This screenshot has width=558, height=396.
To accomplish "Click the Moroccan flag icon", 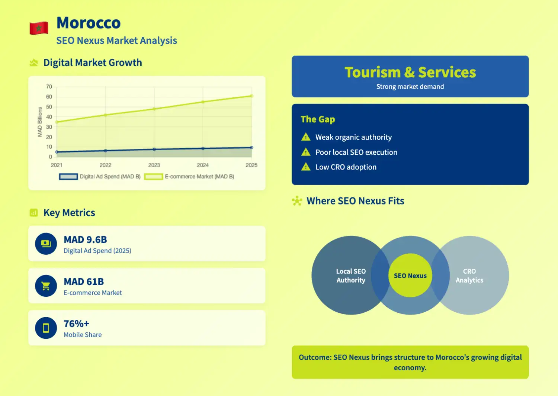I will pos(39,28).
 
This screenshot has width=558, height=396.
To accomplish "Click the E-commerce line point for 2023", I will pos(154,109).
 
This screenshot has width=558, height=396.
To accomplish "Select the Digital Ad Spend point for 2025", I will pos(252,148).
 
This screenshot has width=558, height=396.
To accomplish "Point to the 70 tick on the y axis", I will pos(49,87).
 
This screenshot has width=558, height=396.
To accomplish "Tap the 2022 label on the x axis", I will pos(105,165).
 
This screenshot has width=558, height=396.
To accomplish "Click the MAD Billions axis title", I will pos(40,122).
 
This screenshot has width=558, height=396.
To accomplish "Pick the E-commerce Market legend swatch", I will pos(153,177).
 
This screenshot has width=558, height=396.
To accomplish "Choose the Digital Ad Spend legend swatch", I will pos(68,177).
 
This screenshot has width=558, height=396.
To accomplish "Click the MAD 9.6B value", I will pos(85,240).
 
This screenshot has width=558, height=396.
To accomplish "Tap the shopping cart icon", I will pos(46,286).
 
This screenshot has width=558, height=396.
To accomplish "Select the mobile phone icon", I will pos(46,328).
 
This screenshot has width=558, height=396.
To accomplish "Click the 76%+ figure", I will pos(76,324).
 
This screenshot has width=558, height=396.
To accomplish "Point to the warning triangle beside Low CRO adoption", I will pos(306,167).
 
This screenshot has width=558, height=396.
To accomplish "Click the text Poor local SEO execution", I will pos(356,152).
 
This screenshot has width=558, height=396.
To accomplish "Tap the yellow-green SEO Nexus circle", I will pos(410,276).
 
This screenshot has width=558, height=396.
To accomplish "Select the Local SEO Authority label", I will pos(351,276).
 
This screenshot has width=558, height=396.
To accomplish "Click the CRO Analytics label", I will pos(469,276).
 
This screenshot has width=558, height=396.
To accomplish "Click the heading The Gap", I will pos(318,119).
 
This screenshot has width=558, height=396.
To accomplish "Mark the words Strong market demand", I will pos(410,87).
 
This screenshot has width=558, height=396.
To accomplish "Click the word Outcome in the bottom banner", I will pos(315,357).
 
